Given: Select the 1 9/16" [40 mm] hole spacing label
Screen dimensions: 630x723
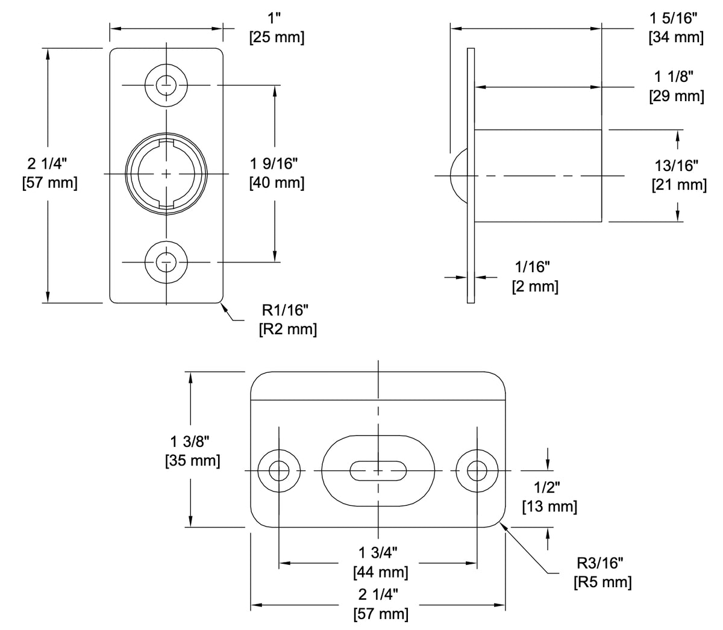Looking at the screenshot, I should pos(277,173).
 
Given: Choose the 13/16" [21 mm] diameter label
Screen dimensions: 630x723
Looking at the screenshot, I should pos(679,175).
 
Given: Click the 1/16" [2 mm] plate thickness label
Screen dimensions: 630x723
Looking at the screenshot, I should pos(534,277).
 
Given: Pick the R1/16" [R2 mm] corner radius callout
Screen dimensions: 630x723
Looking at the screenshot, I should pos(287,320).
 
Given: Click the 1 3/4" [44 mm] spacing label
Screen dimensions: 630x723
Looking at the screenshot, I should pos(380,562).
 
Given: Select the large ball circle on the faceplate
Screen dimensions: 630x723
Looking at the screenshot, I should pos(167,173).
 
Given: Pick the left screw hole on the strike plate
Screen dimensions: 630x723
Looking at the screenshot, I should pos(279,470).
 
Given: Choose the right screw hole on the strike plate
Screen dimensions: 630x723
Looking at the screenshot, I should pos(477,470).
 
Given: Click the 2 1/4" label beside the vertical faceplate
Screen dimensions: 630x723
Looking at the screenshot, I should pos(49,173).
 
